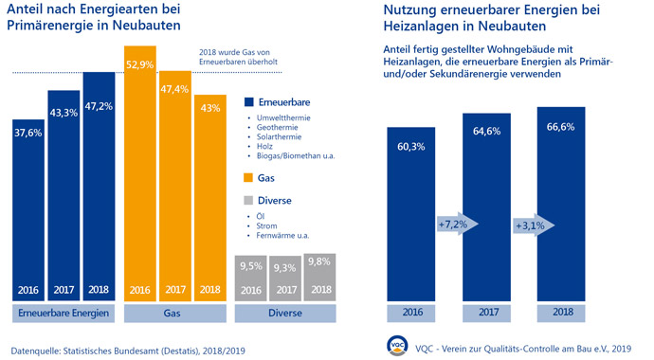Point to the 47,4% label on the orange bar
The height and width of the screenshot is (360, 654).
point(175,89)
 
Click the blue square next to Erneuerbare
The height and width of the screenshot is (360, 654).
point(250,102)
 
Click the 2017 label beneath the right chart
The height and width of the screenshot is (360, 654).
point(486,312)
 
